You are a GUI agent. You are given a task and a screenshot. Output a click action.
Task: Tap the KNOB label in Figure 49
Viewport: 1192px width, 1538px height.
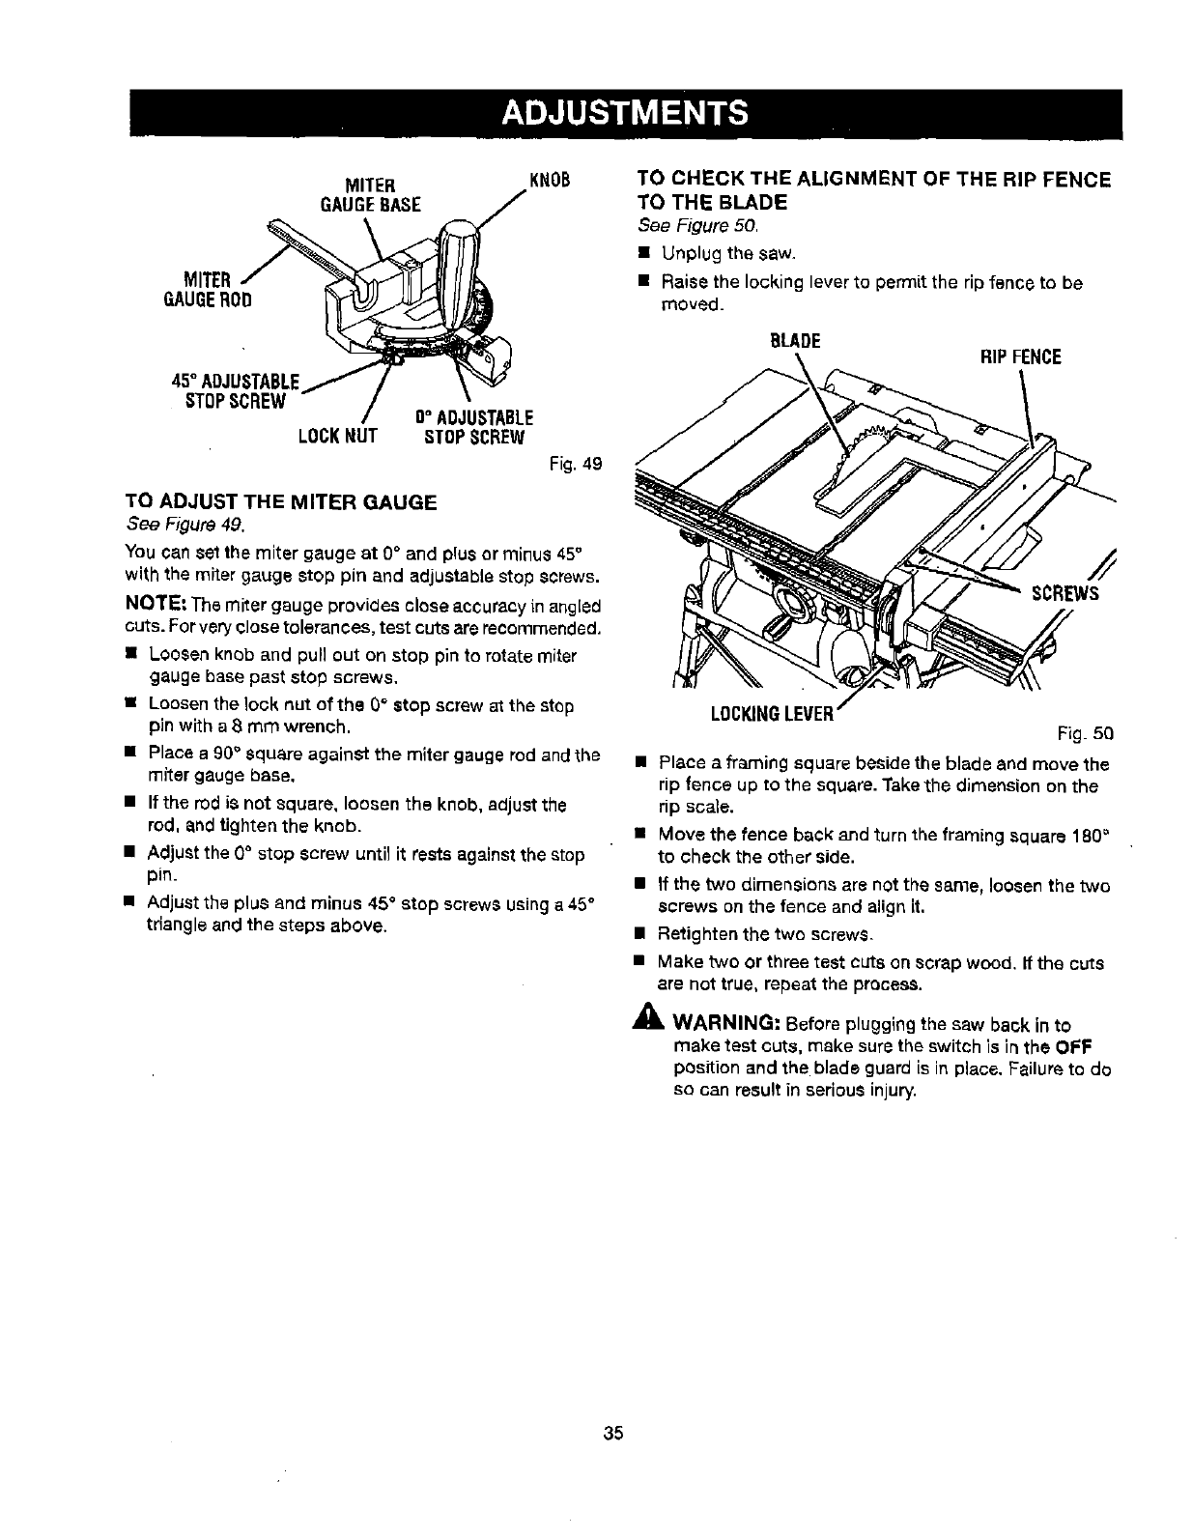pyautogui.click(x=548, y=181)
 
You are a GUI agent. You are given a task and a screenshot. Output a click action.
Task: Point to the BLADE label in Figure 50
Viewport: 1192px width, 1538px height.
pyautogui.click(x=793, y=341)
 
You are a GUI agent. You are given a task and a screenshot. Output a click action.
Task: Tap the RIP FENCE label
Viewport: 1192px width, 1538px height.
pyautogui.click(x=1020, y=357)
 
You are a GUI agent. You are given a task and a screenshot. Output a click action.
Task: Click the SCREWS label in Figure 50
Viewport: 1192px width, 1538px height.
pyautogui.click(x=1065, y=593)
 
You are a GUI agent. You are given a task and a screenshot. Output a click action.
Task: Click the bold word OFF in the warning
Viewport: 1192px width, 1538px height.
pyautogui.click(x=1075, y=1049)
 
